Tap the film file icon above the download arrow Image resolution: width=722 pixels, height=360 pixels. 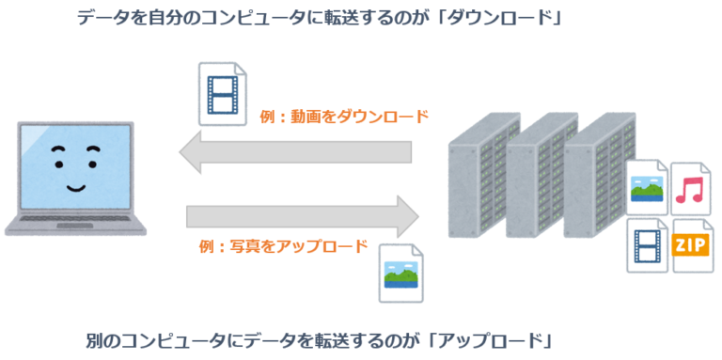pyautogui.click(x=223, y=94)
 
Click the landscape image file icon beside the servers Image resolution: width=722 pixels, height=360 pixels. pyautogui.click(x=649, y=187)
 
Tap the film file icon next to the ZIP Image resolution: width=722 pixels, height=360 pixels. pyautogui.click(x=648, y=246)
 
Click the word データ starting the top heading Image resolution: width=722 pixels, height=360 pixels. pyautogui.click(x=103, y=18)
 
